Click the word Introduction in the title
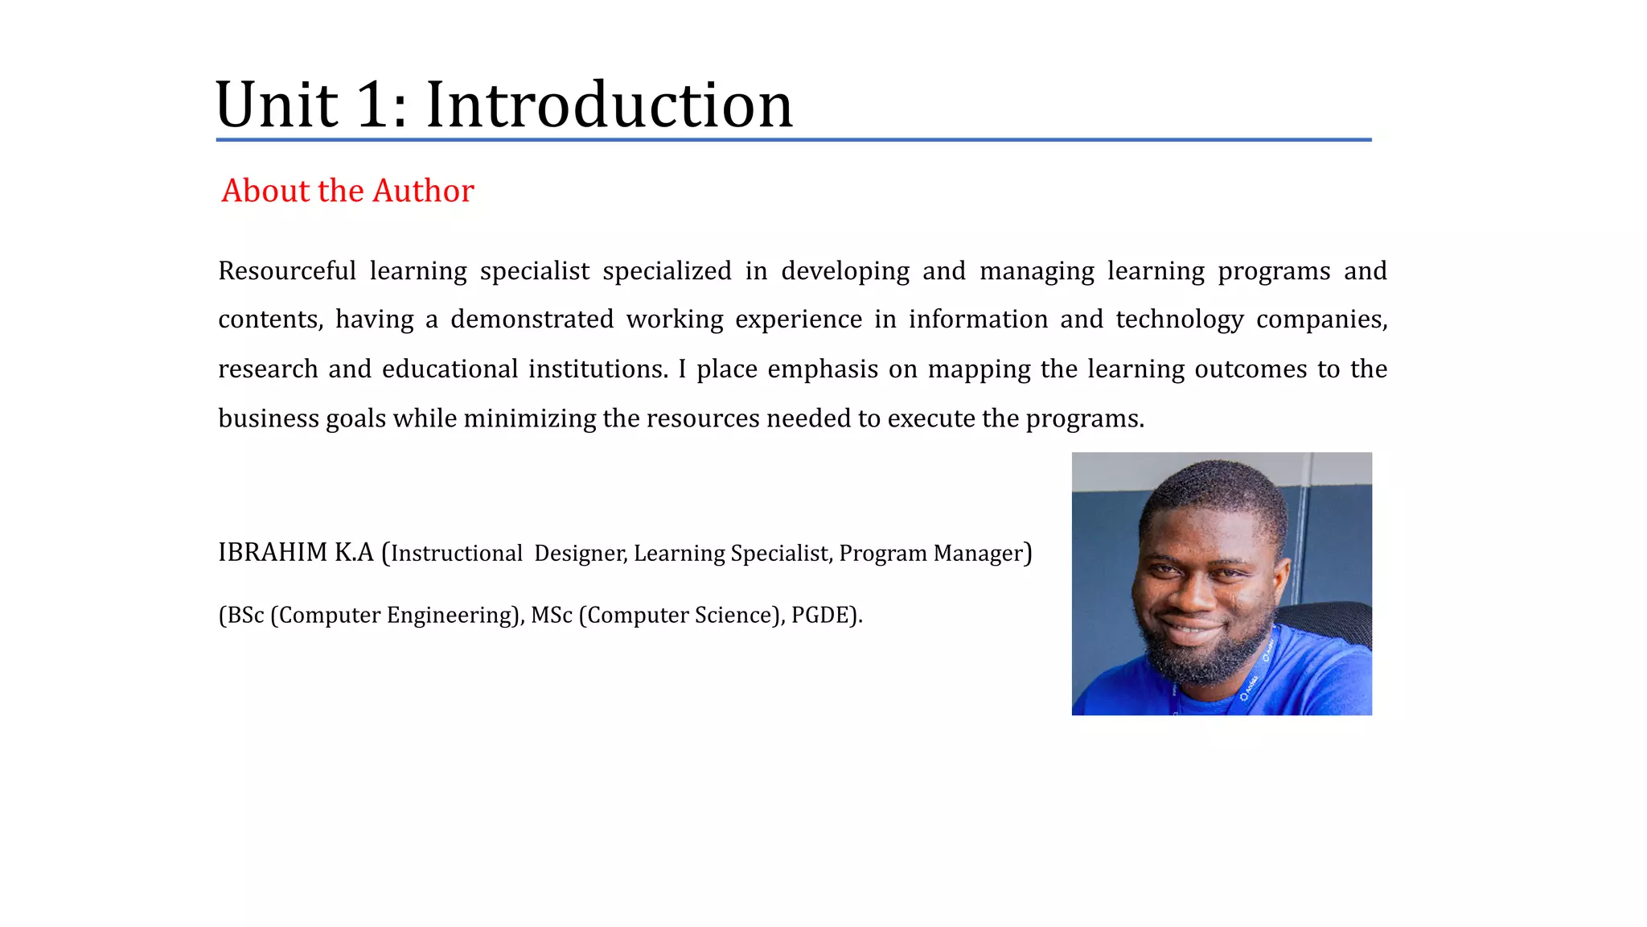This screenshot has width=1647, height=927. click(609, 105)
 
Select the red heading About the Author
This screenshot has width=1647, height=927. click(347, 191)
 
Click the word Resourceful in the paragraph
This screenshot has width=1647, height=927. click(287, 271)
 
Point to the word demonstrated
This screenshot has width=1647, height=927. click(532, 319)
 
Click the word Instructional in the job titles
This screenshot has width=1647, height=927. click(457, 554)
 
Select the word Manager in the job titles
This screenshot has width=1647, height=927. click(978, 554)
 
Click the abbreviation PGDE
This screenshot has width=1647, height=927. click(819, 616)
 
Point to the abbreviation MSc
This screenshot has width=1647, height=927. click(552, 616)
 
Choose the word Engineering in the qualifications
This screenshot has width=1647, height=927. click(449, 616)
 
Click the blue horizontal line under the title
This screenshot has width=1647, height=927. click(793, 140)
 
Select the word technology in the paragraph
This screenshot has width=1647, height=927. click(1179, 319)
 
